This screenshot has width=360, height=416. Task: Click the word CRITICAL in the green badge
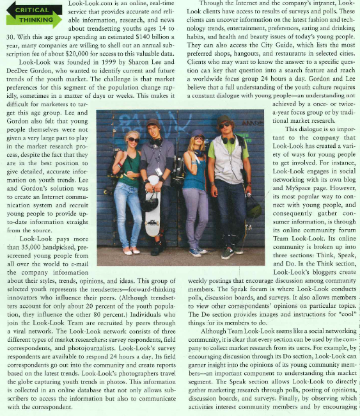click(x=32, y=10)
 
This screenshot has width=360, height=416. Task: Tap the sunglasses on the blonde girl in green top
click(x=133, y=140)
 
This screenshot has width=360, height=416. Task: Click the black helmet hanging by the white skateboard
click(x=149, y=202)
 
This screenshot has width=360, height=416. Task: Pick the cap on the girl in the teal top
click(x=197, y=133)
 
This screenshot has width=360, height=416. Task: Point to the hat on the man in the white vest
click(x=225, y=119)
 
